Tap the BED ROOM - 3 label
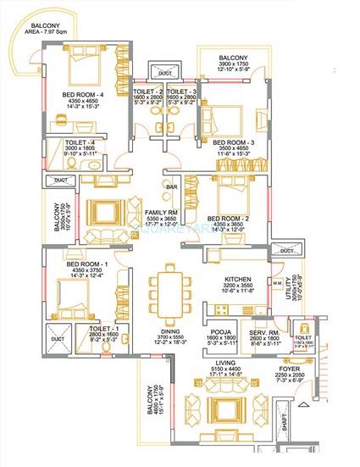[229, 142]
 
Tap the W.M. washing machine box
[277, 282]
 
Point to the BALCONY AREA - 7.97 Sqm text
[47, 31]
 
